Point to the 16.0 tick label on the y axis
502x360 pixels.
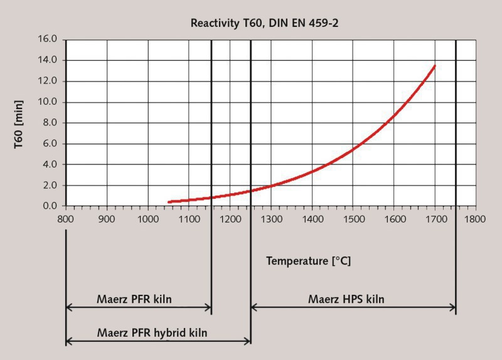[x=49, y=39]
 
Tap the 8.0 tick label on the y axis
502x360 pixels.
[x=51, y=123]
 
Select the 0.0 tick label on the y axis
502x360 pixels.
[x=51, y=206]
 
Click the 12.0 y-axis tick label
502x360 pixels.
[x=49, y=81]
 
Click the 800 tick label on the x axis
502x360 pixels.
[x=66, y=220]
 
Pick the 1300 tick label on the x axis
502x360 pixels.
[x=270, y=220]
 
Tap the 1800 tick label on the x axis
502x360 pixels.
[x=475, y=220]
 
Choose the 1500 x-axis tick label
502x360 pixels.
[x=352, y=220]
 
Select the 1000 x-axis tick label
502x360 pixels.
[x=147, y=220]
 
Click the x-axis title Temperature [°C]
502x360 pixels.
[x=308, y=260]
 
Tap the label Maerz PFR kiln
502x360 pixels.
[x=134, y=299]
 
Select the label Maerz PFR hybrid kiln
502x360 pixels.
[x=152, y=332]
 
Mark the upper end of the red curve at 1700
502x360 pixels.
[x=434, y=66]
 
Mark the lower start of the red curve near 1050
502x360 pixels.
[x=169, y=202]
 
